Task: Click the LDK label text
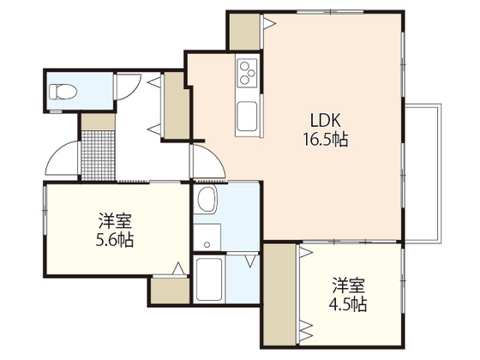(326, 120)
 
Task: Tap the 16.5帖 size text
(326, 140)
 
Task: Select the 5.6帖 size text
(115, 240)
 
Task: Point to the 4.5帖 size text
(348, 304)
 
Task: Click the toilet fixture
(63, 92)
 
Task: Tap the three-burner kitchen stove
(247, 73)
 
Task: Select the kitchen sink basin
(247, 117)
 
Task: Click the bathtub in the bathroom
(209, 279)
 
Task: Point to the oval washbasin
(207, 199)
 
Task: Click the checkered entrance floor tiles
(98, 155)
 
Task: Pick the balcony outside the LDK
(423, 173)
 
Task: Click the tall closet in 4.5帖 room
(279, 295)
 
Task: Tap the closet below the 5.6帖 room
(170, 291)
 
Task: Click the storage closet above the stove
(244, 32)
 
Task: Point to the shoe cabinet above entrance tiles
(98, 122)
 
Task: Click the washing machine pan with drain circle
(207, 237)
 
